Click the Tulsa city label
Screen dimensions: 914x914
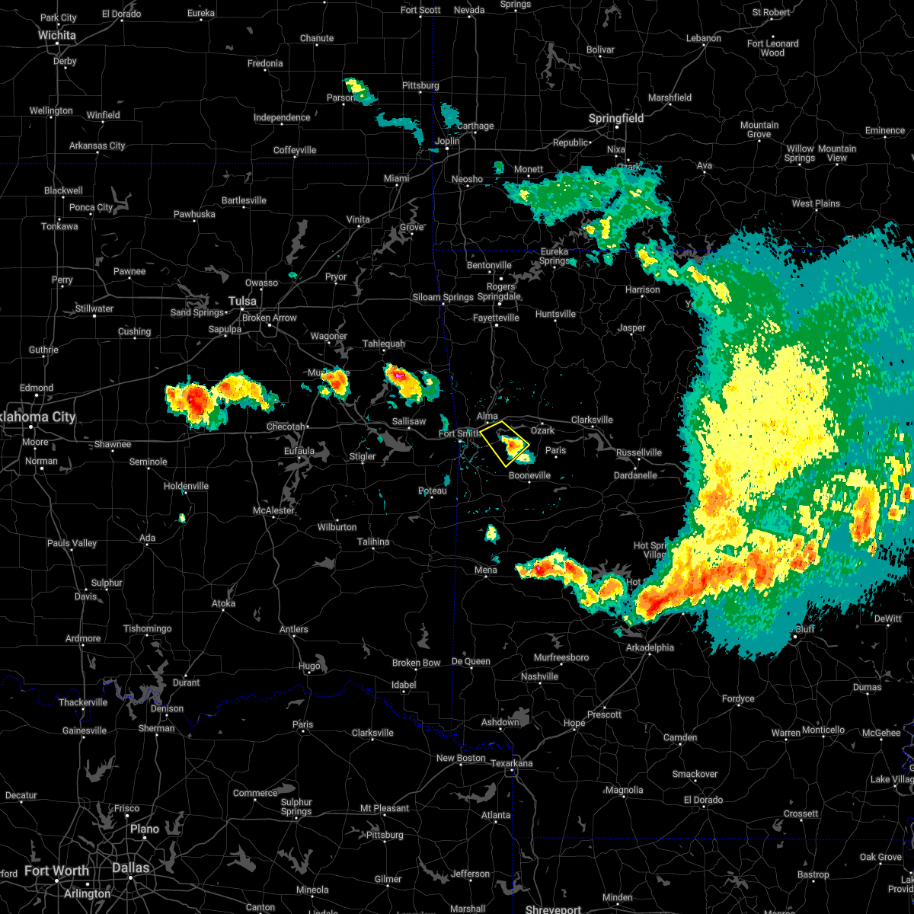pyautogui.click(x=242, y=301)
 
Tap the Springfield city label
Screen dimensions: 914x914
pyautogui.click(x=616, y=118)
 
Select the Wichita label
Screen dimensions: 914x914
pyautogui.click(x=57, y=35)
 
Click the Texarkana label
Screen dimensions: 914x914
pyautogui.click(x=512, y=763)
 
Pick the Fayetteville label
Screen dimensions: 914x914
pyautogui.click(x=496, y=318)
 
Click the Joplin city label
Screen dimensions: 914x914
pyautogui.click(x=447, y=141)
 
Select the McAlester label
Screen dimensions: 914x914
pyautogui.click(x=273, y=510)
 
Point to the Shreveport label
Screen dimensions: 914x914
pyautogui.click(x=553, y=909)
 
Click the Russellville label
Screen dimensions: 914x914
pyautogui.click(x=639, y=452)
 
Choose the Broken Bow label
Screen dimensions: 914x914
pyautogui.click(x=417, y=663)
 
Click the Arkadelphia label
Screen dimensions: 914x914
pyautogui.click(x=650, y=647)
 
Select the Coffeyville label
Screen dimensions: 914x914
pyautogui.click(x=295, y=150)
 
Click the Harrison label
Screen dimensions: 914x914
pyautogui.click(x=643, y=289)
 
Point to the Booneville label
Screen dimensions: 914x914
pyautogui.click(x=529, y=475)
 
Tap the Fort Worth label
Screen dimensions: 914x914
pyautogui.click(x=57, y=871)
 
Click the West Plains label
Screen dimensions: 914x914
pyautogui.click(x=816, y=203)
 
